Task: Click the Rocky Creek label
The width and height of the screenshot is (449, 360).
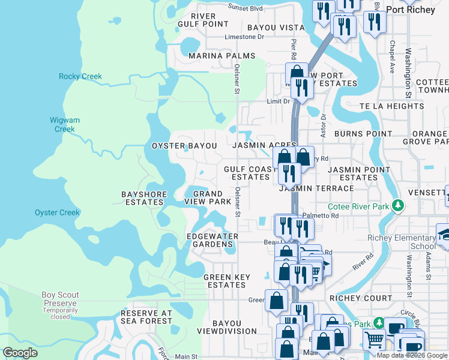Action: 80,76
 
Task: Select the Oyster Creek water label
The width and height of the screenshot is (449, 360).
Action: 57,212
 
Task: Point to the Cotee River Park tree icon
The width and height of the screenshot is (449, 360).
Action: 396,206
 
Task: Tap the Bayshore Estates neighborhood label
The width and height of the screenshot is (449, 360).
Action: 143,199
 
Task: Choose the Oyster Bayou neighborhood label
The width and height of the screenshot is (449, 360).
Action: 184,146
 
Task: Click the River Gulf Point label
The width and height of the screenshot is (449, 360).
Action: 203,20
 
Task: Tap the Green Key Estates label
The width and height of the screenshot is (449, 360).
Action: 225,281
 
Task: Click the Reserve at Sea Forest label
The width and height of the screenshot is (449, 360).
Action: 146,317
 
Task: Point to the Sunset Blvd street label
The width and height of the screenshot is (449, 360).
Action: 246,8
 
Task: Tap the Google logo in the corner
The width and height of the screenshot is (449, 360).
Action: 20,353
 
